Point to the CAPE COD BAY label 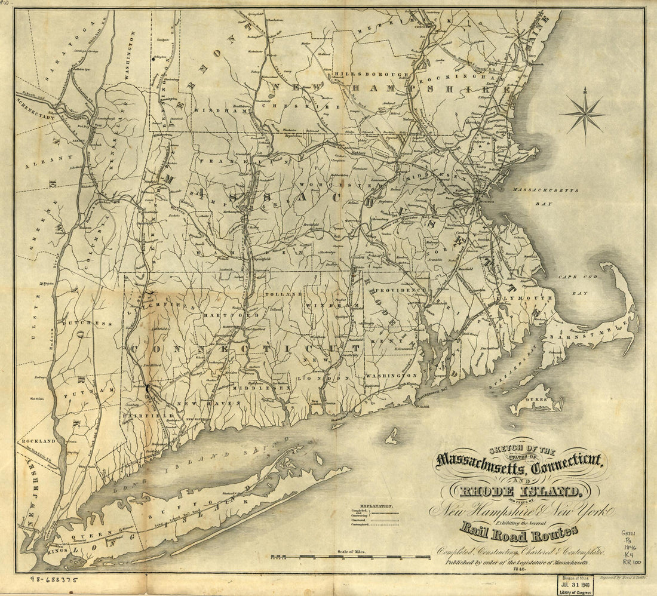coord(573,284)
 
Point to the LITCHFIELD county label coord(165,305)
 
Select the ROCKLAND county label coord(38,441)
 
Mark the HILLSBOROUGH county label coord(371,74)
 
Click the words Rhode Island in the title coord(518,491)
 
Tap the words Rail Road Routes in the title coord(518,530)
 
